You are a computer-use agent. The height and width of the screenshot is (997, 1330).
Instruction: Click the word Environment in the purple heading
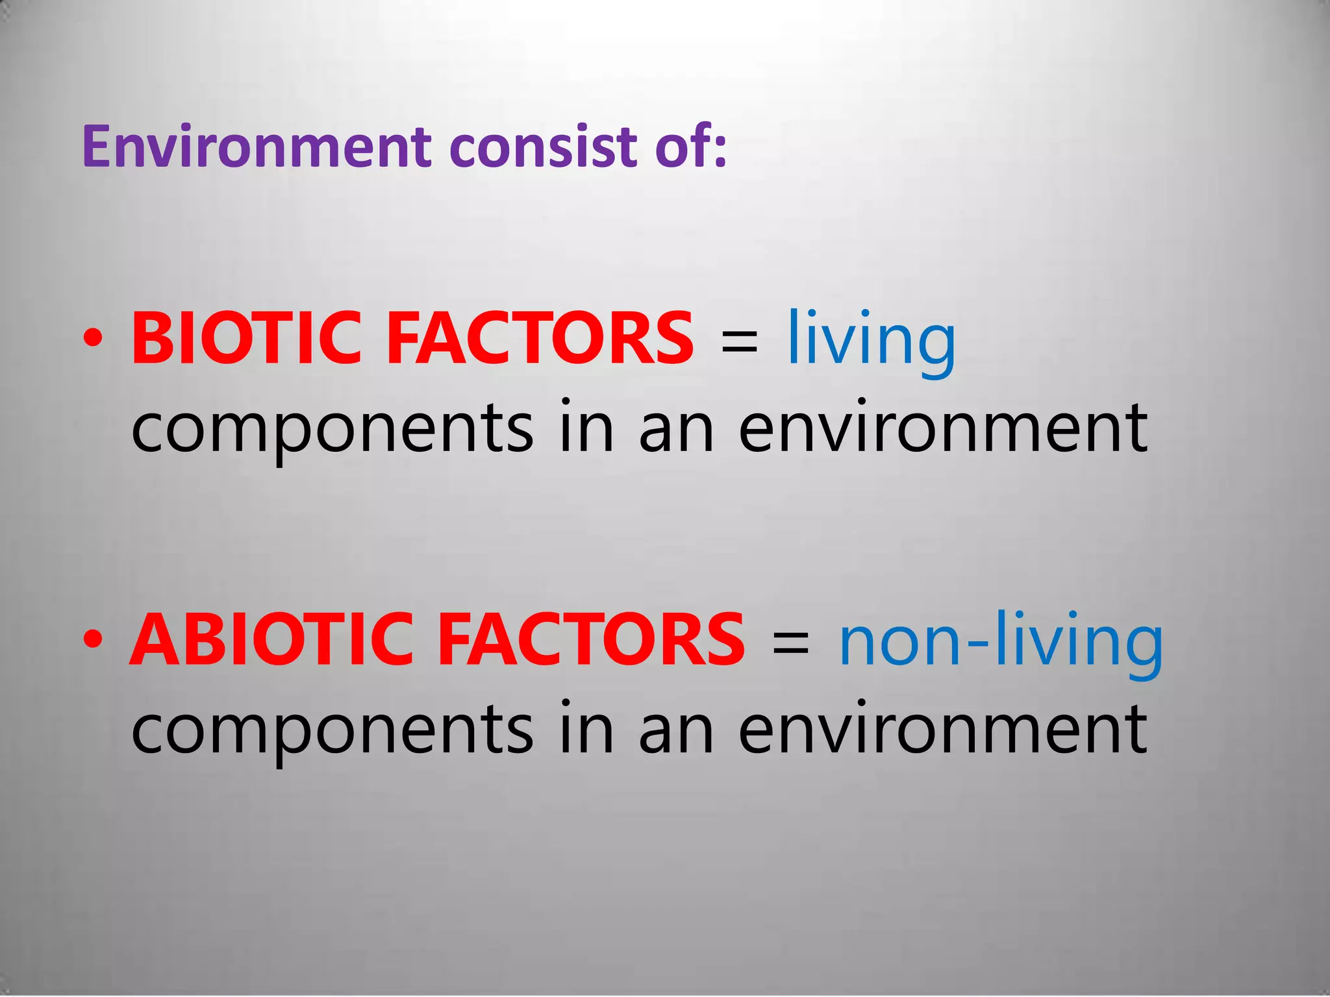pyautogui.click(x=257, y=147)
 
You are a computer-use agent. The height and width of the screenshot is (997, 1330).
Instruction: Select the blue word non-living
pyautogui.click(x=1000, y=643)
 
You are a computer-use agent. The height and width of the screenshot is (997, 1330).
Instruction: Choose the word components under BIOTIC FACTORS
pyautogui.click(x=331, y=430)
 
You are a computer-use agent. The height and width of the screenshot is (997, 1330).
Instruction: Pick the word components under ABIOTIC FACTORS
pyautogui.click(x=331, y=731)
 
